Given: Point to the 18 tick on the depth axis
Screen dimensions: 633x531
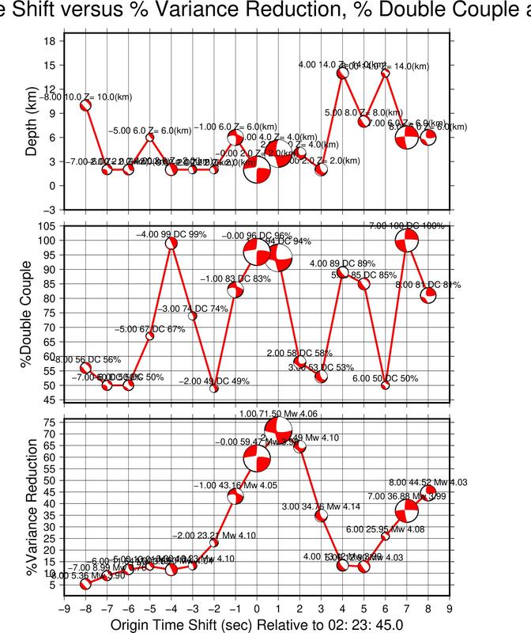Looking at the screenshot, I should pos(49,40).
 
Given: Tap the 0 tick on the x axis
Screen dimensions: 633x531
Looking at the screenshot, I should pos(256,608).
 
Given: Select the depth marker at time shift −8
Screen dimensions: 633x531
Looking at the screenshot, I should pos(85,105).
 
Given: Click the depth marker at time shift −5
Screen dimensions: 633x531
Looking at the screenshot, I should pos(150,137).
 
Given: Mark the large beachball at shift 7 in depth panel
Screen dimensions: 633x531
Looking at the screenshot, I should pos(407,137).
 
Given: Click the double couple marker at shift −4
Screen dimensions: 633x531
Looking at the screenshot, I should pos(171,243).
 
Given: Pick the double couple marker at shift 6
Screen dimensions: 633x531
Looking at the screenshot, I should pos(386,385).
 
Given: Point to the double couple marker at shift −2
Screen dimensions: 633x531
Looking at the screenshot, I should pos(213,389).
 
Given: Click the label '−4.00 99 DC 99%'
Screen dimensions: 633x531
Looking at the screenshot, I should pos(171,234).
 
